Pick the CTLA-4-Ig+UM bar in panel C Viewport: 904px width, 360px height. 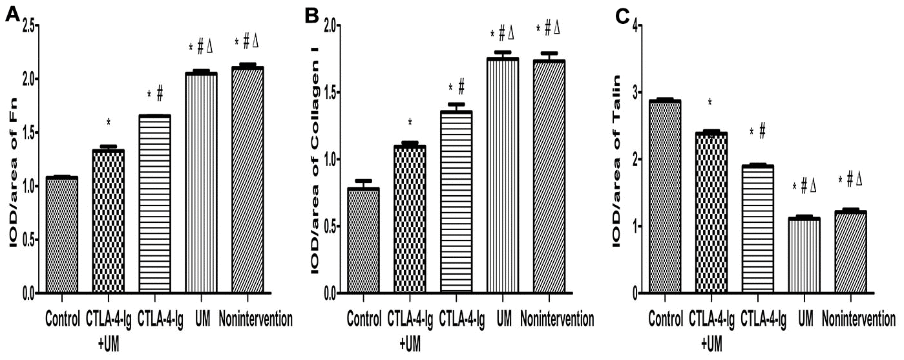tap(711, 213)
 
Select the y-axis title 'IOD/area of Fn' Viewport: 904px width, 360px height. tap(12, 162)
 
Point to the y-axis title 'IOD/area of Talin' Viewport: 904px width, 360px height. tap(616, 162)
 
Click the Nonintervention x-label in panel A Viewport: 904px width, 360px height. tap(256, 319)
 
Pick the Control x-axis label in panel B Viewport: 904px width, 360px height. tap(364, 319)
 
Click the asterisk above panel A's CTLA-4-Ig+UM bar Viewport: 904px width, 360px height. tap(109, 122)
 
